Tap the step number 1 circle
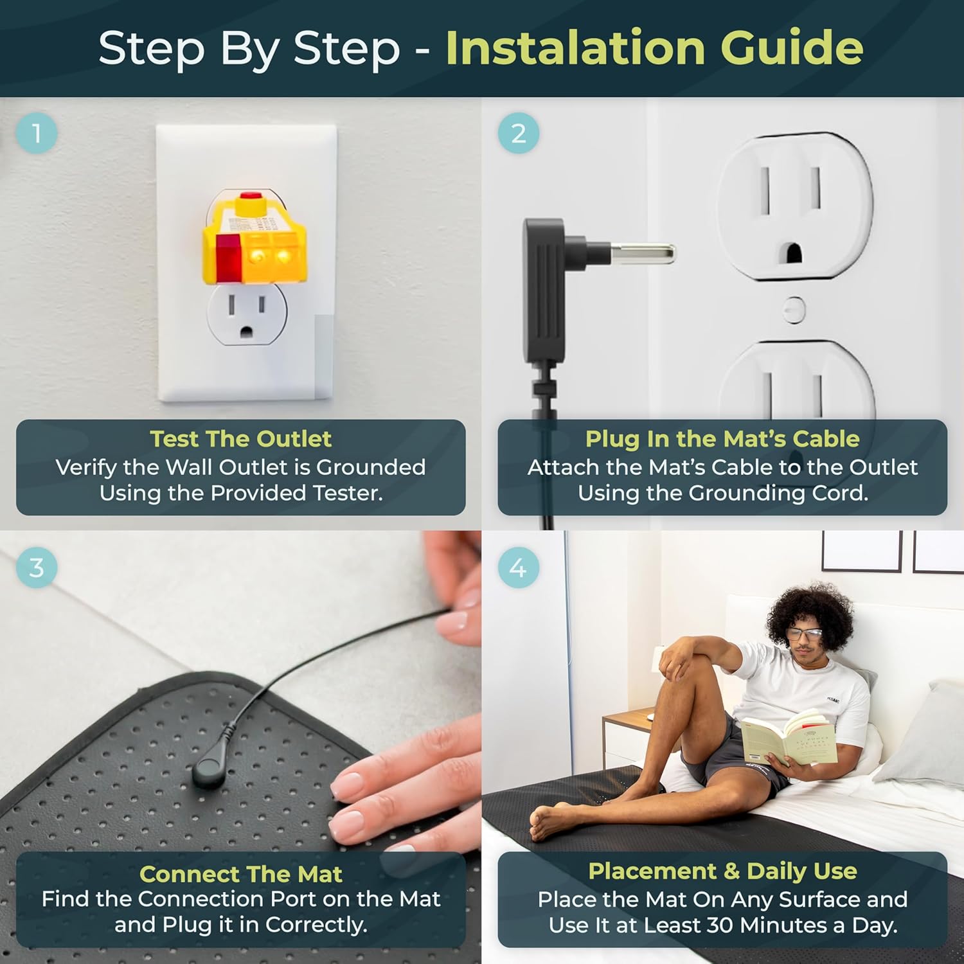point(37,133)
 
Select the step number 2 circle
point(519,133)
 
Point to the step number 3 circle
point(37,567)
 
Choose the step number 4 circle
point(519,567)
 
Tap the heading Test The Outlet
point(241,439)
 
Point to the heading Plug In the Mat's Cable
point(722,439)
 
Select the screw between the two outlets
point(795,309)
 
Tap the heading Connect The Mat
point(241,874)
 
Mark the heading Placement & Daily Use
point(722,871)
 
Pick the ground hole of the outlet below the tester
point(247,332)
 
